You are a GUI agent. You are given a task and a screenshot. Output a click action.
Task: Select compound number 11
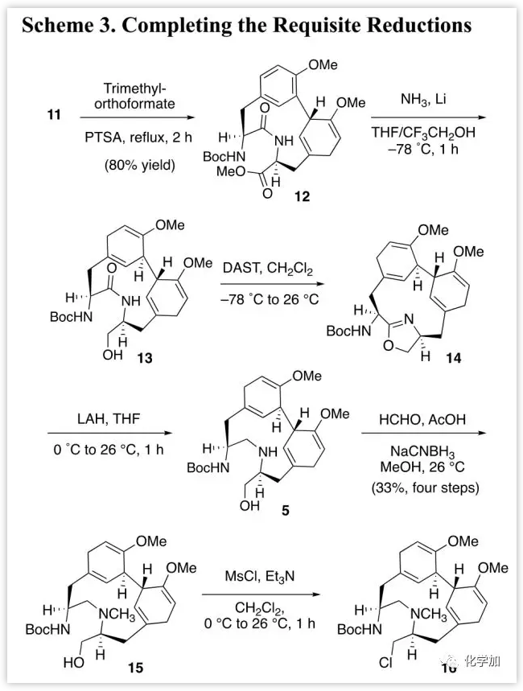[54, 116]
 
